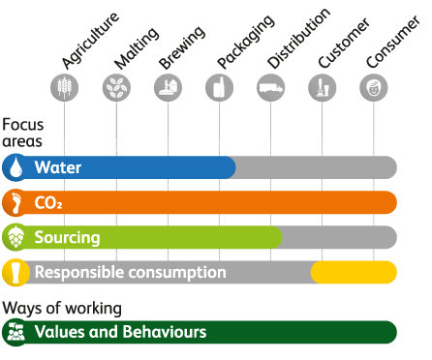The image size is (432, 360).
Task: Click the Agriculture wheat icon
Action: (65, 88)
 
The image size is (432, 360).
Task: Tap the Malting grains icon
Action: (116, 88)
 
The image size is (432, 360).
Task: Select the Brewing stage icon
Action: (168, 88)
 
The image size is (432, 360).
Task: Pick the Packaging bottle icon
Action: (219, 88)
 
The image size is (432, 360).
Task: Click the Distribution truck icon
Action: (270, 88)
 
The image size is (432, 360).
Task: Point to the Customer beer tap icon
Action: (322, 88)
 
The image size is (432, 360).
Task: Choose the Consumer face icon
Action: (374, 88)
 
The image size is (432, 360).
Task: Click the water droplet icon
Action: (15, 167)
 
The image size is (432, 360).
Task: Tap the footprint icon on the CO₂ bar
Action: (15, 202)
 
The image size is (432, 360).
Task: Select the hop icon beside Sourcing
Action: (15, 237)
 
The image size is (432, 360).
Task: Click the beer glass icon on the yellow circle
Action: (15, 272)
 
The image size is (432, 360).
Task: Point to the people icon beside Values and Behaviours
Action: (15, 332)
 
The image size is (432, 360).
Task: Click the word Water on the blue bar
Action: (58, 167)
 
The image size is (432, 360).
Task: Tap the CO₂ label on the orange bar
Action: (48, 203)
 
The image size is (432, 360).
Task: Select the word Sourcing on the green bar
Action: (67, 238)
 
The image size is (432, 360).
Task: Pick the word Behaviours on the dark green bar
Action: (165, 332)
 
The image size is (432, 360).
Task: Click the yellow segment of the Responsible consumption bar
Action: (354, 272)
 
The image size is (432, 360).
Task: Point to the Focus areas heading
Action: (22, 133)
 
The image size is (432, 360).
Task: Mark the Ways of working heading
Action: (62, 309)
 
